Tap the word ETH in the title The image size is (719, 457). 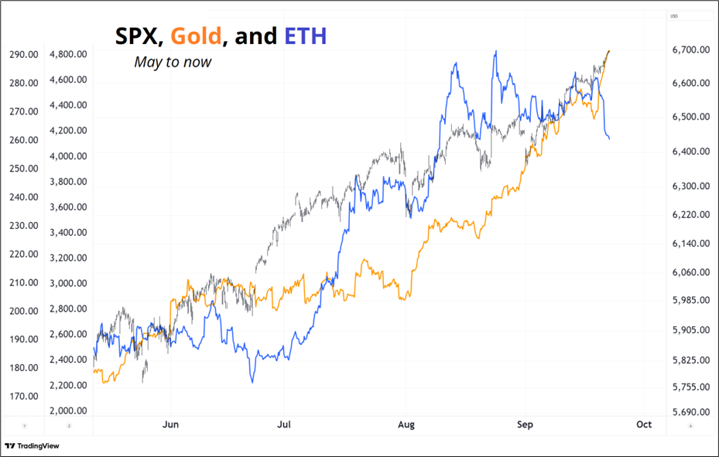pyautogui.click(x=306, y=36)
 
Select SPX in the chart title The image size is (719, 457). pyautogui.click(x=139, y=36)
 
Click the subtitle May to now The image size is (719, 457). pyautogui.click(x=173, y=62)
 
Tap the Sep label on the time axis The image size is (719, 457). pyautogui.click(x=525, y=425)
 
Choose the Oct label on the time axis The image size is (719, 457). pyautogui.click(x=644, y=425)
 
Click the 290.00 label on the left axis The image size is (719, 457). pyautogui.click(x=24, y=55)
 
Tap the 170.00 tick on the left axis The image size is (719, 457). pyautogui.click(x=24, y=396)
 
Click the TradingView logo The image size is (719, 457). pyautogui.click(x=32, y=445)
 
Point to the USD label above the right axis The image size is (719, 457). pyautogui.click(x=673, y=16)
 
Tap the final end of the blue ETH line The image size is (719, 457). pyautogui.click(x=610, y=138)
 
